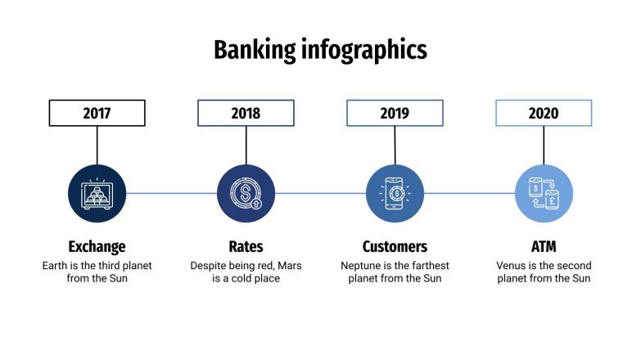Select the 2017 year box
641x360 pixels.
tap(97, 113)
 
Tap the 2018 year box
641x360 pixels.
tap(246, 113)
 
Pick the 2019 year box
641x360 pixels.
tap(395, 113)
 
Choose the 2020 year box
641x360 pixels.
tap(544, 113)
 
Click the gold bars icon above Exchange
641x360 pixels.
tap(97, 194)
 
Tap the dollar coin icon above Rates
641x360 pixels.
tap(246, 194)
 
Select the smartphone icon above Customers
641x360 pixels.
tap(395, 194)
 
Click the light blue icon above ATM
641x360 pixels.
tap(544, 194)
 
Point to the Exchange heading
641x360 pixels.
tap(97, 246)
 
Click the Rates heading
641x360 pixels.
tap(246, 246)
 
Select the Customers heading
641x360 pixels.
tap(395, 246)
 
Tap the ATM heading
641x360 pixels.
tap(544, 246)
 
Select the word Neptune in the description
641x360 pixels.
tap(362, 266)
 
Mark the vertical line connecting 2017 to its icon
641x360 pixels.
tap(97, 145)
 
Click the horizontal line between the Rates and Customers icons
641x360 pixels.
tap(320, 194)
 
